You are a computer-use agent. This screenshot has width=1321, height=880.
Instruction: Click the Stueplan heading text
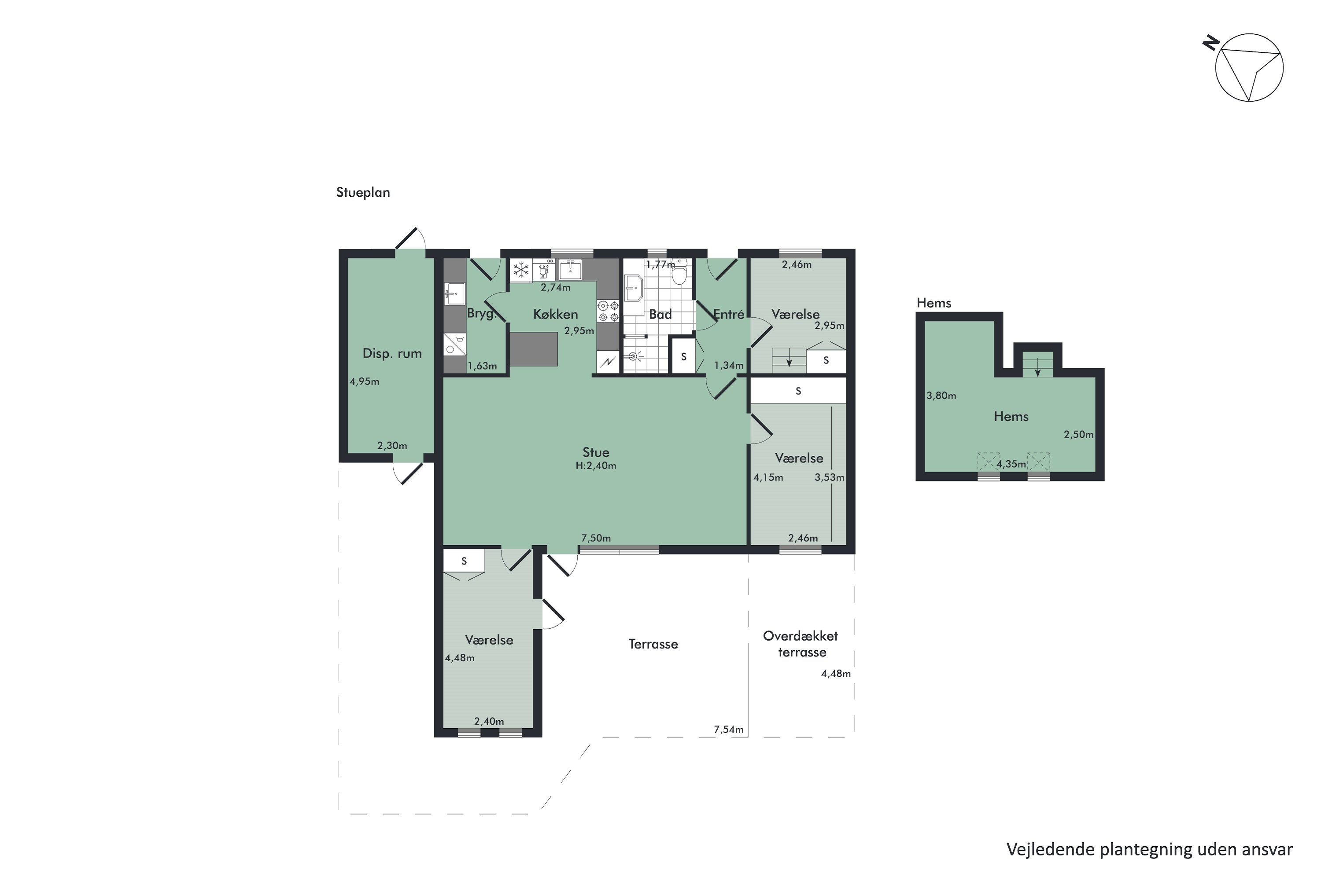363,193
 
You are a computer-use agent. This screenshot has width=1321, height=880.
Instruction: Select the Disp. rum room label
392,354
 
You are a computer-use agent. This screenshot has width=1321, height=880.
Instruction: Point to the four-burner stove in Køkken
608,312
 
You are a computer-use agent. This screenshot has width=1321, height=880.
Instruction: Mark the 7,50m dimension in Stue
596,538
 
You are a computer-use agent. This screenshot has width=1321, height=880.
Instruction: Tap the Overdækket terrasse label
801,644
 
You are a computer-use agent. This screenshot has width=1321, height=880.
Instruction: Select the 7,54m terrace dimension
728,730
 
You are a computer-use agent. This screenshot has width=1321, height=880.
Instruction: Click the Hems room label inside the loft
1011,416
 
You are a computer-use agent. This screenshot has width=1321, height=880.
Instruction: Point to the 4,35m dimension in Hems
1011,465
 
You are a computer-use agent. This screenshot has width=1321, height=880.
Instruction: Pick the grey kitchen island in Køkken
534,349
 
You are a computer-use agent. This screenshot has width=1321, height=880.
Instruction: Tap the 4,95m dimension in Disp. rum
365,381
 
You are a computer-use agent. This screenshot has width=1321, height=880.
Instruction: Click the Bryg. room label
482,314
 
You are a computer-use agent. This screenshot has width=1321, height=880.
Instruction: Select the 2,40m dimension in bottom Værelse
489,722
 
